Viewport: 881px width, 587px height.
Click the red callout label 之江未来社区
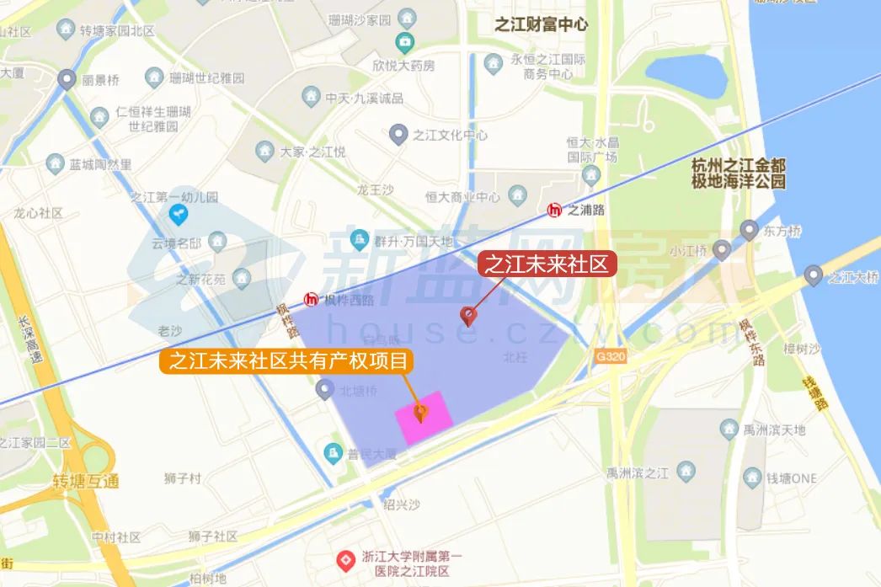point(547,264)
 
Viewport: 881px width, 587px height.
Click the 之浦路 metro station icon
point(555,210)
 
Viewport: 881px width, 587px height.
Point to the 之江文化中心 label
point(450,134)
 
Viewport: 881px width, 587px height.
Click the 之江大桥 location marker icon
point(813,275)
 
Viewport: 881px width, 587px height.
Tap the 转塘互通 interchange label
point(85,482)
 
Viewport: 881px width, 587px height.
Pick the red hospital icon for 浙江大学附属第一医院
point(344,559)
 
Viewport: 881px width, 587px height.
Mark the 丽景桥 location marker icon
point(67,80)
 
